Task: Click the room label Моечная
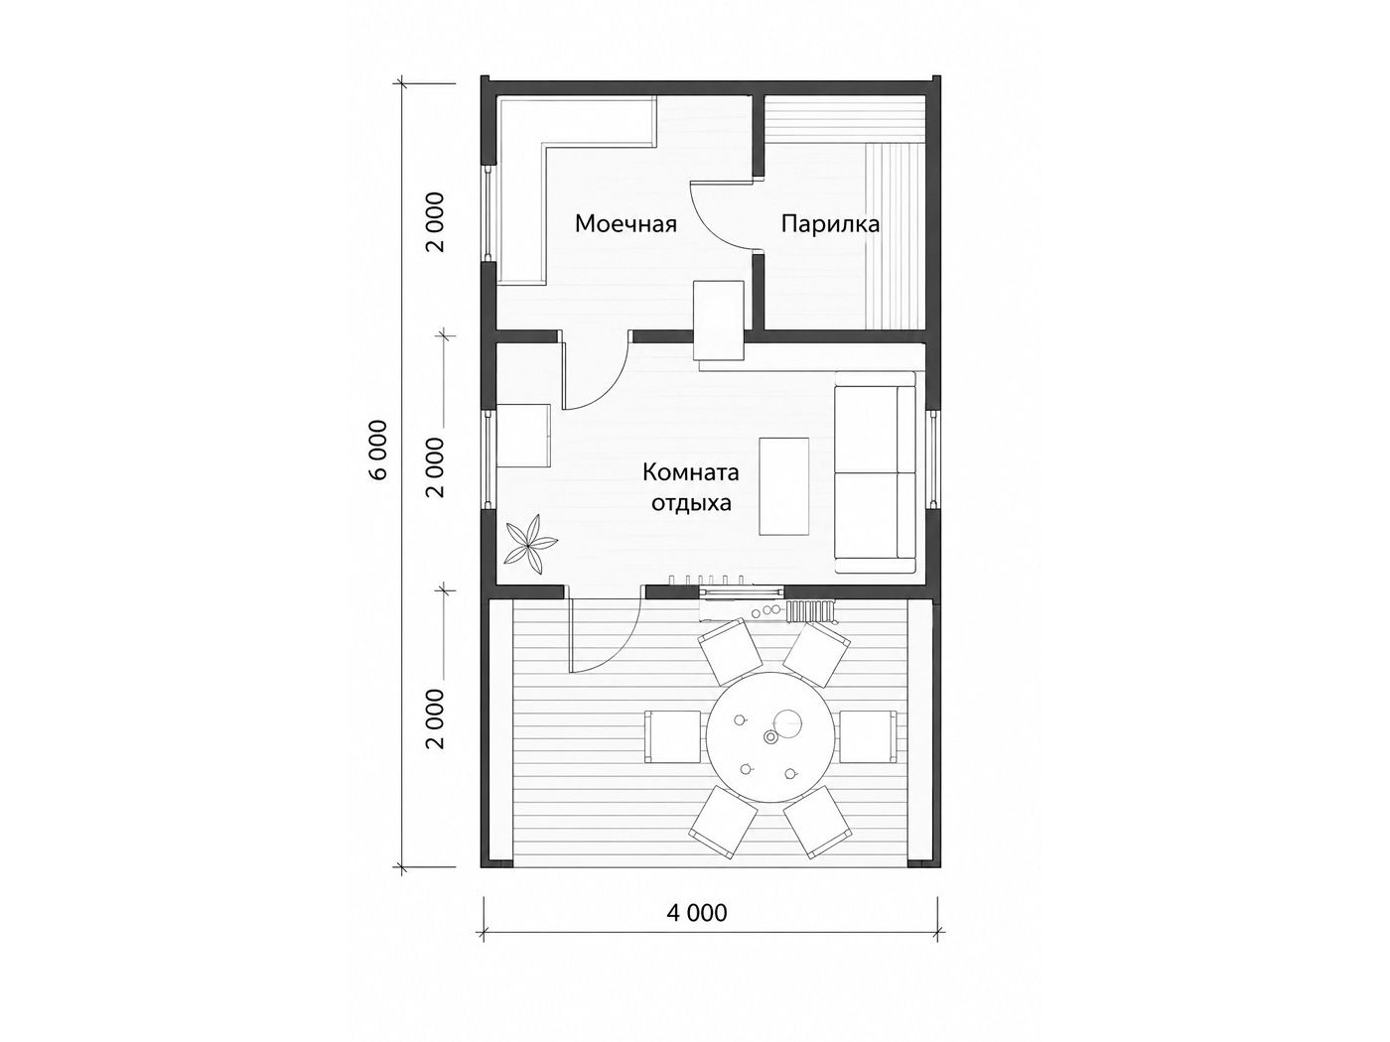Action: tap(625, 224)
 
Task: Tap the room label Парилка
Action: tap(830, 224)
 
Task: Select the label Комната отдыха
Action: tap(691, 488)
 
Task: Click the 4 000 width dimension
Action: tap(697, 912)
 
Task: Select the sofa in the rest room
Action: tap(875, 472)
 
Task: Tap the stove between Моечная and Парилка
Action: tap(719, 321)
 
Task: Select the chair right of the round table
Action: tap(868, 736)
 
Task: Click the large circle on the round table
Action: tap(787, 723)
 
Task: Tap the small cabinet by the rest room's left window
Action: tap(523, 437)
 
